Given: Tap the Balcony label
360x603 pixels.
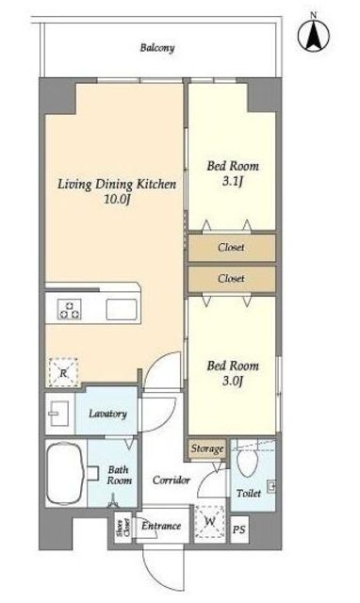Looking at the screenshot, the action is click(157, 48).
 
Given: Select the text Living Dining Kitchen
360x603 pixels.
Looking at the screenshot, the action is click(117, 185).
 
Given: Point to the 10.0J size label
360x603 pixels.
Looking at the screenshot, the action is click(116, 199).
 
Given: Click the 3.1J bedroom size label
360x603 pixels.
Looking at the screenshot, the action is click(233, 181).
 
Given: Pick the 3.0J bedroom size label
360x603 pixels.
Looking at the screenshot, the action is click(233, 381).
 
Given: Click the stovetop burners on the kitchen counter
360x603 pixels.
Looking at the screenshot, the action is click(70, 310).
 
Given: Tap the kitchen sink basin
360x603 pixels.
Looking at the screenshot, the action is click(122, 310).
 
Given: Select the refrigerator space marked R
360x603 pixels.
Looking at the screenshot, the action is click(63, 372).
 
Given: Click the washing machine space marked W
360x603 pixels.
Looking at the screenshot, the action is click(209, 521).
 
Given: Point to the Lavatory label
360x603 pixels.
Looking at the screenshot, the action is click(107, 414).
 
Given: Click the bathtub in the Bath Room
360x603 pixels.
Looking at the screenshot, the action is click(65, 473).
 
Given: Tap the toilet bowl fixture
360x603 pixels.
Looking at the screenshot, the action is click(247, 463).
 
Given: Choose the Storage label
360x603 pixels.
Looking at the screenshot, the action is click(207, 448).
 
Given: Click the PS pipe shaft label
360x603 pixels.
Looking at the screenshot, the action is click(238, 530).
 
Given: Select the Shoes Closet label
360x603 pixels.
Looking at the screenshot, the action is click(123, 528).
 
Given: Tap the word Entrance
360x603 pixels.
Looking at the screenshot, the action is click(161, 526).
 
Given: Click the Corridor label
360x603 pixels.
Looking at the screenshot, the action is click(172, 480).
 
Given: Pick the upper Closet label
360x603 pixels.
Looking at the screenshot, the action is click(231, 247).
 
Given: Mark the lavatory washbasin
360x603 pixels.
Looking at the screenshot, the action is click(58, 414).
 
